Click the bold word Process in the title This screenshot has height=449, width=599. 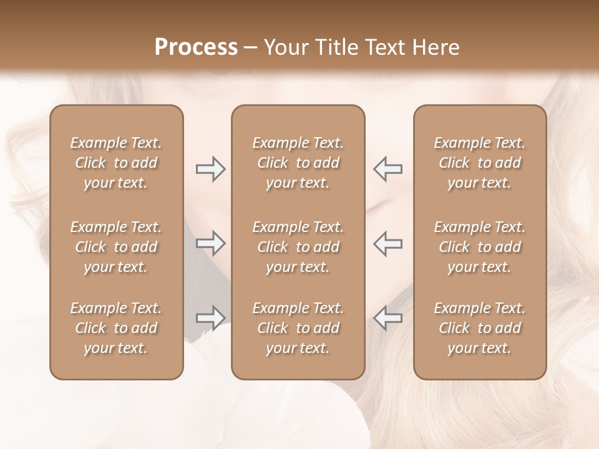coord(196,47)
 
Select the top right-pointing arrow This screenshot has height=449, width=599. coord(211,169)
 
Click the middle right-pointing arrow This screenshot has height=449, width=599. coord(211,243)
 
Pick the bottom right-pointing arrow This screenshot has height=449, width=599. coord(211,318)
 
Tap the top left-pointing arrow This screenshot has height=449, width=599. coord(387,169)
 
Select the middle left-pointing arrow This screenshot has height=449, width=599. coord(387,243)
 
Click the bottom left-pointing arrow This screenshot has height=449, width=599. coord(387,318)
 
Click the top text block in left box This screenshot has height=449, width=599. coord(116,163)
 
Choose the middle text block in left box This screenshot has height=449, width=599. coord(116,247)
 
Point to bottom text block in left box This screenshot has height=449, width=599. coord(116,328)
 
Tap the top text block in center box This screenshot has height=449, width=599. coord(298,163)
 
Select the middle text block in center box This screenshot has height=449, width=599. coord(298,247)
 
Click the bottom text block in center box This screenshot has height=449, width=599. coord(298,328)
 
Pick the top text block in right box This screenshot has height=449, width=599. coord(479,163)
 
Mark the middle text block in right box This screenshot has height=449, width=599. coord(479,247)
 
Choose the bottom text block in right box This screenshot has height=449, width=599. coord(479,328)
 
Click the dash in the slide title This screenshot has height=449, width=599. coord(250,48)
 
